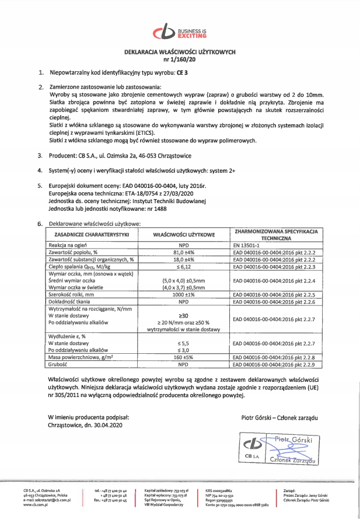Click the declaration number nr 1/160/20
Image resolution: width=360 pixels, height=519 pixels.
(179, 58)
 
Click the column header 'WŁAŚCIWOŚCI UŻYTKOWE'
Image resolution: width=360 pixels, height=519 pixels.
(184, 234)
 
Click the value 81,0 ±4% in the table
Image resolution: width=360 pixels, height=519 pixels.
(184, 252)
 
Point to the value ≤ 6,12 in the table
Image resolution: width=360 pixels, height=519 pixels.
(184, 266)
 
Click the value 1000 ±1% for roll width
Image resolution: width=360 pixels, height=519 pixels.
(184, 295)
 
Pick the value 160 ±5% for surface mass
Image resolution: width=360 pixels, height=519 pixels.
(184, 357)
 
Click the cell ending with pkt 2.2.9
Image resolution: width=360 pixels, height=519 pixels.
(274, 364)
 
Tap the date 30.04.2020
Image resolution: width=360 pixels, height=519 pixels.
(106, 425)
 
